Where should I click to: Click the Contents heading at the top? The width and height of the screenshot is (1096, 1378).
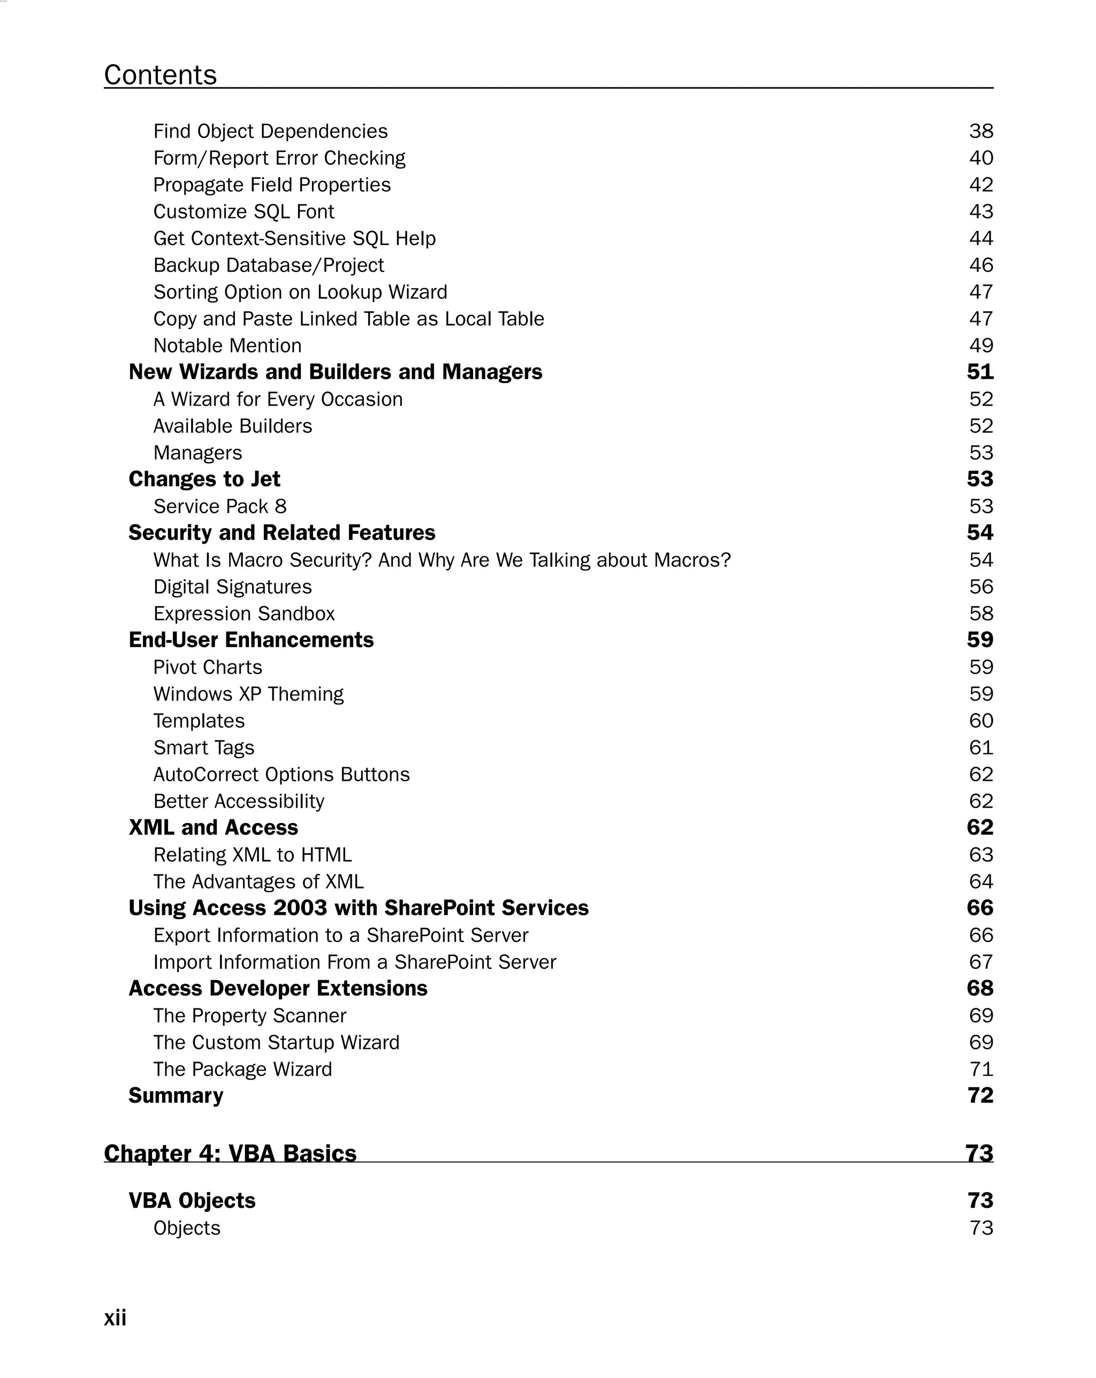(161, 75)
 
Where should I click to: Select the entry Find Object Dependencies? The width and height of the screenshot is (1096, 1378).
(270, 131)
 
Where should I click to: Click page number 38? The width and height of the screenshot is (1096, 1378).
(980, 131)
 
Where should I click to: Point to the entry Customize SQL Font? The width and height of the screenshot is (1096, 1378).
(243, 212)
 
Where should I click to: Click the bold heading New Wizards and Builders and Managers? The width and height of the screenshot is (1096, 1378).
(336, 372)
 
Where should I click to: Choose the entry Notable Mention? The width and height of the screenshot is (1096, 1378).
(227, 346)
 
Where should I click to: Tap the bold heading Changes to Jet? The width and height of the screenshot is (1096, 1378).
(204, 479)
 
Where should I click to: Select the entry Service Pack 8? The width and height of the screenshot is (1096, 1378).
(220, 506)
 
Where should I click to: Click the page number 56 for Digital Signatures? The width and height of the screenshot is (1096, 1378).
(980, 587)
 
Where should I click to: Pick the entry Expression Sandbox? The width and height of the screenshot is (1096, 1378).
(244, 614)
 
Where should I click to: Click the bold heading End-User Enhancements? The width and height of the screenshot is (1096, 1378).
(251, 640)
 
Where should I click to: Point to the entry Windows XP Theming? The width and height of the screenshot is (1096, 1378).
(248, 694)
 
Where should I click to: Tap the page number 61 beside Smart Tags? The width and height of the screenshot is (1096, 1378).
(980, 748)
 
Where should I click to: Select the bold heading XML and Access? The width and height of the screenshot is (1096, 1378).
(214, 827)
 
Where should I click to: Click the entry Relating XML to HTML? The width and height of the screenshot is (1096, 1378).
(252, 855)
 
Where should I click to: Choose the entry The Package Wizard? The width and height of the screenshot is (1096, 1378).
(243, 1070)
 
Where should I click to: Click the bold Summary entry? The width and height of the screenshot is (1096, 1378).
(176, 1096)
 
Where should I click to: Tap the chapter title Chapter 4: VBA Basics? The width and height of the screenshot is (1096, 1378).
(230, 1154)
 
